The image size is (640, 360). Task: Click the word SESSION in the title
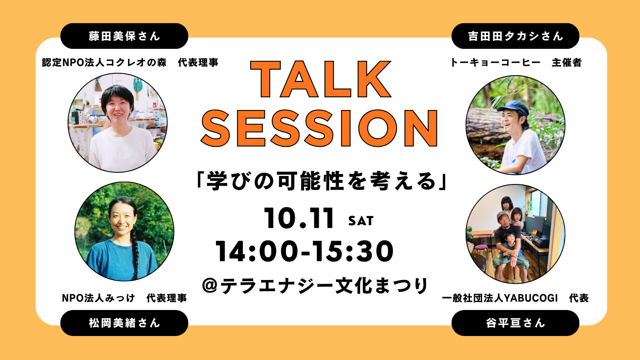click(319, 128)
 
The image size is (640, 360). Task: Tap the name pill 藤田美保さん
click(124, 36)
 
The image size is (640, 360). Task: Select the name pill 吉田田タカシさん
click(515, 36)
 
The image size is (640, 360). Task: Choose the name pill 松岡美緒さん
click(124, 323)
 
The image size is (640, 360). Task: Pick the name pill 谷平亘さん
click(515, 323)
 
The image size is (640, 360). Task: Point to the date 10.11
click(299, 218)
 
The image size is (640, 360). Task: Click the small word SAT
click(360, 221)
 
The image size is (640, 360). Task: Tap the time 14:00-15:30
click(304, 251)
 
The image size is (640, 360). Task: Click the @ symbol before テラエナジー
click(210, 286)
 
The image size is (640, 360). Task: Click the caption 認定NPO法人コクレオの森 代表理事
click(130, 62)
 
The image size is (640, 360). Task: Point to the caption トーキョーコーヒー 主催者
click(516, 62)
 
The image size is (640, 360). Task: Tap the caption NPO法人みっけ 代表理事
click(124, 298)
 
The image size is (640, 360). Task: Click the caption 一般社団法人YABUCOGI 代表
click(515, 298)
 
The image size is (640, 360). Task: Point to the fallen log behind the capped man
click(484, 120)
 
